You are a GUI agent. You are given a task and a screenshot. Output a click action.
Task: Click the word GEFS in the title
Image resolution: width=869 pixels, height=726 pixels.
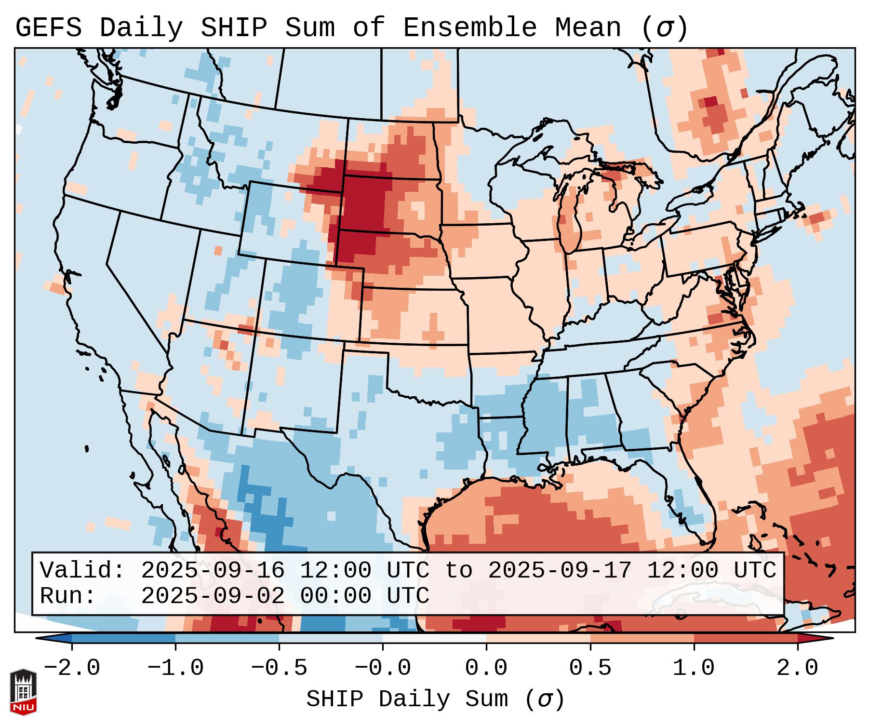pos(49,28)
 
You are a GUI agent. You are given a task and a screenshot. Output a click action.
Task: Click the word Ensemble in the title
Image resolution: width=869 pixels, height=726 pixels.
pos(469,28)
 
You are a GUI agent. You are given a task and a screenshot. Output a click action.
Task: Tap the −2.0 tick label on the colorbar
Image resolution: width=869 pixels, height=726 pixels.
pos(71,668)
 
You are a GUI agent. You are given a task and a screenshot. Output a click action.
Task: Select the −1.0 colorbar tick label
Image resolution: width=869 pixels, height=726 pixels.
pos(175,668)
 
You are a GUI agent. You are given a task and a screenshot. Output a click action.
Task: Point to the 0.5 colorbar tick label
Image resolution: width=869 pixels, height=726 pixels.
pos(590,668)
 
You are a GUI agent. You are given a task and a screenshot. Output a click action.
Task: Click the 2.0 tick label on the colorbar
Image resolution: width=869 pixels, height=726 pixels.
pos(797,668)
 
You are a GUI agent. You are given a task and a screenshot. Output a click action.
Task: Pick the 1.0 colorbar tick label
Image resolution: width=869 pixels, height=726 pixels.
pos(694,668)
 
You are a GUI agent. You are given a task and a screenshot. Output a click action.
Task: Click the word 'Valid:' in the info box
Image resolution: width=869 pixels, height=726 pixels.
pos(82,570)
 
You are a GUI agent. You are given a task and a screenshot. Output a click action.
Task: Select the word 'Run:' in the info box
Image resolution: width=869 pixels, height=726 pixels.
pos(68,596)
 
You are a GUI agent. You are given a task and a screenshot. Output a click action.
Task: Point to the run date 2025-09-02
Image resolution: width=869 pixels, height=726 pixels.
pos(213,596)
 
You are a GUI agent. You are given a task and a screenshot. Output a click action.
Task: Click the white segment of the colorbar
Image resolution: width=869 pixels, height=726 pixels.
pos(434,638)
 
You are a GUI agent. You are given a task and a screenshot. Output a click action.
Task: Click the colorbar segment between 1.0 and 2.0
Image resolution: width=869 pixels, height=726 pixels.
pos(745,638)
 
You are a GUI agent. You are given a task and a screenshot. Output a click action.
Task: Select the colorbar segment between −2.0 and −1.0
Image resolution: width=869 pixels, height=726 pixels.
pos(123,638)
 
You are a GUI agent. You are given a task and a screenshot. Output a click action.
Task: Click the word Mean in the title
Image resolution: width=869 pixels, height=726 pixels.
pos(588,28)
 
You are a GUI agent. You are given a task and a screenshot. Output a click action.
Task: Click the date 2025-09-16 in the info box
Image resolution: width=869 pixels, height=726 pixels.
pos(213,570)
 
